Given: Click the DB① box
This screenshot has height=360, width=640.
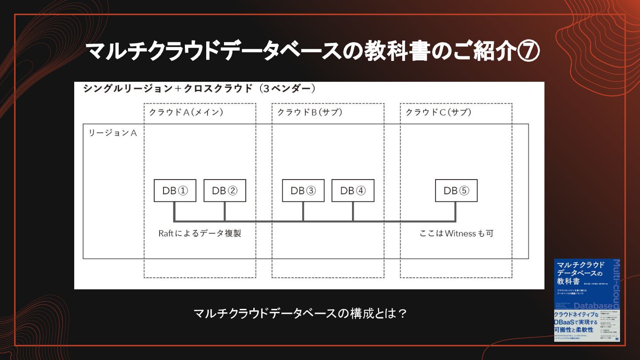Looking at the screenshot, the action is tap(175, 191).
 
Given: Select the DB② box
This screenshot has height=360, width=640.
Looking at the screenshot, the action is tap(225, 191).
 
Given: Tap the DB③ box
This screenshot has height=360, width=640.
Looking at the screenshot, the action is tap(303, 191).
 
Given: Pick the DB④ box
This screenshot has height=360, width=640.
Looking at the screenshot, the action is tap(353, 191).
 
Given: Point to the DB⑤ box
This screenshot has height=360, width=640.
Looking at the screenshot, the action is tap(456, 191).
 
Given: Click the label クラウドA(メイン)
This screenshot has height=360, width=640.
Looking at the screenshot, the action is tap(186, 112).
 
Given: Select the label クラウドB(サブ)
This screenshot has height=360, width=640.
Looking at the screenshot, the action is tap(310, 112).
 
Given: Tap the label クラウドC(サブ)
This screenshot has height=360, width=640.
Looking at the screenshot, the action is tap(438, 112).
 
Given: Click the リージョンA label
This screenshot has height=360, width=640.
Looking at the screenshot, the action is tap(113, 133).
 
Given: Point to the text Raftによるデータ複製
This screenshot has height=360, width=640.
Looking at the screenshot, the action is tap(200, 233).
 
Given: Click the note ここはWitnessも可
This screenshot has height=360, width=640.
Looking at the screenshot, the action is tap(456, 233).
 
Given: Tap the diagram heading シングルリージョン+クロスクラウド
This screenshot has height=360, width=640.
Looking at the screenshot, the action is tap(168, 88).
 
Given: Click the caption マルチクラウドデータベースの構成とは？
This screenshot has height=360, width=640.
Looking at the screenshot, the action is tap(300, 314).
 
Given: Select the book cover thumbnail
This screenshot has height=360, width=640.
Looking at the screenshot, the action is tap(587, 300).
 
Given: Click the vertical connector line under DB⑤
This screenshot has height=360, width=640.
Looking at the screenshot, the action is tap(456, 211).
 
